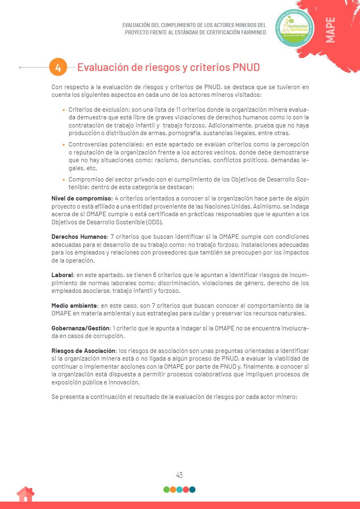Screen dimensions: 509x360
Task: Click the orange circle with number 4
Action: (58, 67)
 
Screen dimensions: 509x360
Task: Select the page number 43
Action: (180, 475)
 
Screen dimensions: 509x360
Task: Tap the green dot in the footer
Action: (167, 490)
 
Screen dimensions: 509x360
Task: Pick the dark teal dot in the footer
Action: (193, 490)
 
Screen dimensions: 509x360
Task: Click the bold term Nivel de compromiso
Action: (81, 198)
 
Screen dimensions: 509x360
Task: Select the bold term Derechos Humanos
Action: (79, 237)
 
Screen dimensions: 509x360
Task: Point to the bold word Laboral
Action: (62, 275)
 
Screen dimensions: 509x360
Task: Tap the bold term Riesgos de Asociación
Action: (83, 351)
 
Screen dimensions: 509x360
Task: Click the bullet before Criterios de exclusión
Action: (64, 110)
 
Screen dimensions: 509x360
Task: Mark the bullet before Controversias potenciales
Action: (64, 145)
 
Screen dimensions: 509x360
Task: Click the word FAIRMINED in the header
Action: (250, 32)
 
